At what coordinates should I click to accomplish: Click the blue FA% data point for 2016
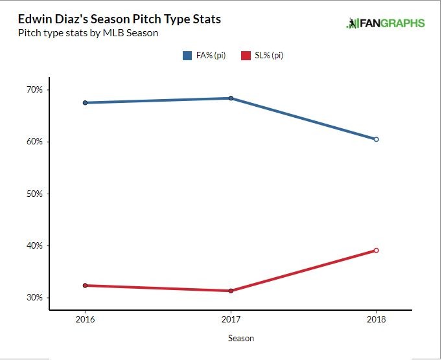(86, 102)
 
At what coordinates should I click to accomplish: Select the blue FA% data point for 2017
(231, 98)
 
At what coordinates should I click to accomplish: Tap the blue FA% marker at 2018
(376, 139)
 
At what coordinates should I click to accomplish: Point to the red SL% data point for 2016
(86, 286)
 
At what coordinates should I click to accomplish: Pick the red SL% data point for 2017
(231, 291)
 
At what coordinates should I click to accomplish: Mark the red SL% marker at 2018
(376, 251)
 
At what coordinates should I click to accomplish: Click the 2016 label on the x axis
(86, 319)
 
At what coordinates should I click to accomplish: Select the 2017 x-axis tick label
(231, 319)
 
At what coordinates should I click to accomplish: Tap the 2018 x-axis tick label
(376, 319)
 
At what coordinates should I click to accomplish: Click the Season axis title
(241, 338)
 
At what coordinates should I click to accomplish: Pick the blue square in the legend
(187, 56)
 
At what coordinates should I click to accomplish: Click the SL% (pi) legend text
(269, 56)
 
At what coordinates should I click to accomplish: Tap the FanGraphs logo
(386, 23)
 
